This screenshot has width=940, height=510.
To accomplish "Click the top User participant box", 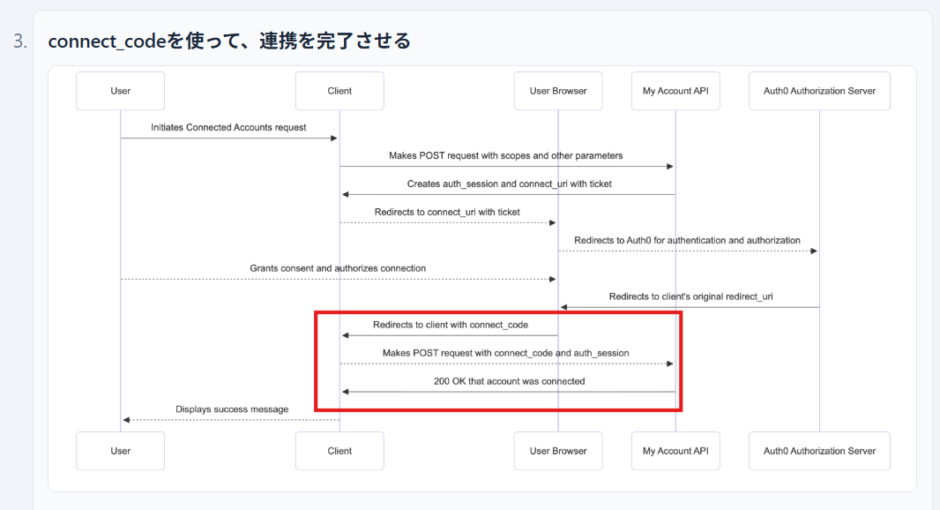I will pyautogui.click(x=121, y=91).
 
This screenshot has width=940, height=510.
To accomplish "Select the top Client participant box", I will pyautogui.click(x=339, y=91).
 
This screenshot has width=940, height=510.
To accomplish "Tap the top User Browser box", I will pyautogui.click(x=558, y=91).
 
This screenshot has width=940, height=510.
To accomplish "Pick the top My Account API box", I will pyautogui.click(x=675, y=91).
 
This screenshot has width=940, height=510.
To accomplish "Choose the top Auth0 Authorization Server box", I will pyautogui.click(x=819, y=91).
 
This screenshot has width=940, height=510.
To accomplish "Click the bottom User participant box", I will pyautogui.click(x=121, y=451).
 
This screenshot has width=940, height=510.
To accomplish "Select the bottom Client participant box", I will pyautogui.click(x=339, y=451).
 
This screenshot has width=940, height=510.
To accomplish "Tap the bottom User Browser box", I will pyautogui.click(x=558, y=451).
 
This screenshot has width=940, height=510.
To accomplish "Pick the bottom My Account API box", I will pyautogui.click(x=675, y=451).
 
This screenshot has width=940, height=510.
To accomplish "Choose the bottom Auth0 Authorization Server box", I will pyautogui.click(x=819, y=451).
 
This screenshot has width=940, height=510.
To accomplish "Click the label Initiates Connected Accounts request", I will pyautogui.click(x=228, y=128).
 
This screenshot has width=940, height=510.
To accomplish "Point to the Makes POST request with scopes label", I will pyautogui.click(x=506, y=156).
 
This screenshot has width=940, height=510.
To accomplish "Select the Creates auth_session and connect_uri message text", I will pyautogui.click(x=509, y=184).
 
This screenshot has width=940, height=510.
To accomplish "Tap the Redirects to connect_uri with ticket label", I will pyautogui.click(x=447, y=213).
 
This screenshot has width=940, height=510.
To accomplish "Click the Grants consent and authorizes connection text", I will pyautogui.click(x=338, y=268).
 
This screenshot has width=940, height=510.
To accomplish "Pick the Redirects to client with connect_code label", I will pyautogui.click(x=450, y=325).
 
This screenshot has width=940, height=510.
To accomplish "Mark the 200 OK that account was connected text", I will pyautogui.click(x=509, y=381).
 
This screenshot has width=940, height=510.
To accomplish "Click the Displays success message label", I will pyautogui.click(x=232, y=409).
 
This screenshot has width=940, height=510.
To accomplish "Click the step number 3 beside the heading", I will pyautogui.click(x=20, y=41).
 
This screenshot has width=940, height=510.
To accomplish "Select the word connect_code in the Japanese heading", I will pyautogui.click(x=107, y=41).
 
